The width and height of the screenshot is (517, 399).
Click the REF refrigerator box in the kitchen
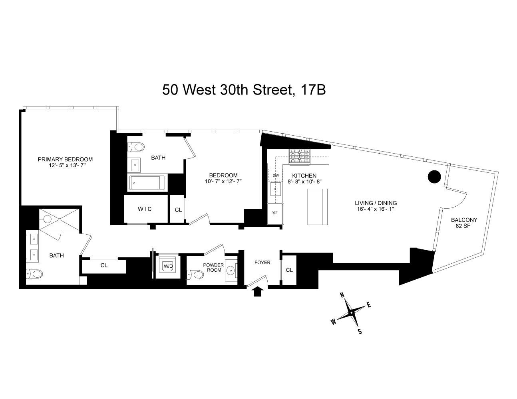[274, 213]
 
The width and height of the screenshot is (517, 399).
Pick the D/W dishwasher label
[275, 175]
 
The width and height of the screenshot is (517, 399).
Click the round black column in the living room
[434, 176]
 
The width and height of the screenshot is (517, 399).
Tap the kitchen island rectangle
[318, 207]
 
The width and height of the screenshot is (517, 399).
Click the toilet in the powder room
[195, 275]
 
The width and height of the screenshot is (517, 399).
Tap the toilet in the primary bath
[34, 274]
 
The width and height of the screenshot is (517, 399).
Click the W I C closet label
[145, 209]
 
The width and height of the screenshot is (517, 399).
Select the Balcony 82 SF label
[464, 223]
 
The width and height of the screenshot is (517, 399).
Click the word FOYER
[262, 262]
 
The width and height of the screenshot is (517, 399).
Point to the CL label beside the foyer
[289, 270]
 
